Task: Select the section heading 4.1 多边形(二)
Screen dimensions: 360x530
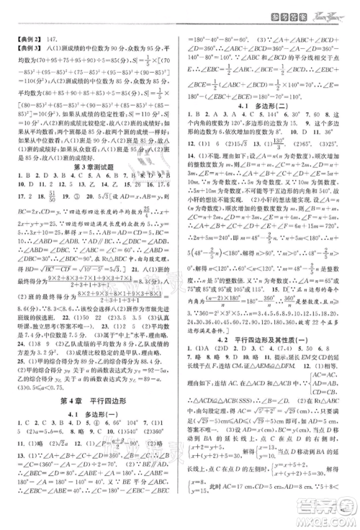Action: tap(269, 103)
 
